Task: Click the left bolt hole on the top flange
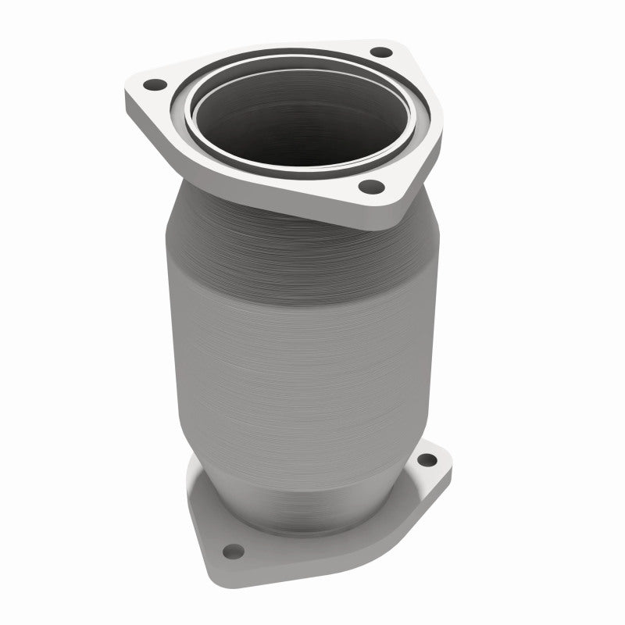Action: click(154, 84)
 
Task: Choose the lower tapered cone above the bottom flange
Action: click(312, 469)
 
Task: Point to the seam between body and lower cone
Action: click(297, 426)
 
